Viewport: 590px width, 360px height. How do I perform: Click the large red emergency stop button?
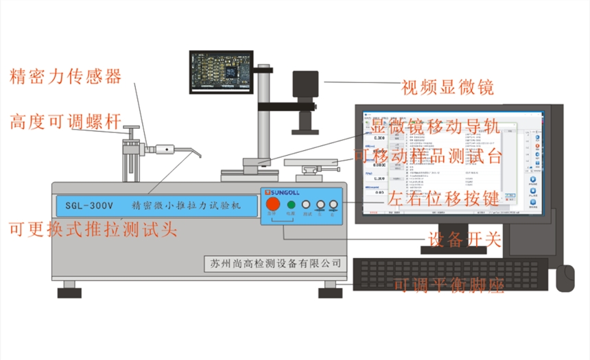click(x=274, y=204)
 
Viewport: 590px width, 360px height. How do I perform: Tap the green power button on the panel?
click(x=291, y=204)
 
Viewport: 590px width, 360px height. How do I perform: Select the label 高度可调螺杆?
click(x=66, y=122)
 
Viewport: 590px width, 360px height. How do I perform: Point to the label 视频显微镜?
click(x=448, y=87)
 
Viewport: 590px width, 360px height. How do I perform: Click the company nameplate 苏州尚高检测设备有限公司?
click(x=276, y=263)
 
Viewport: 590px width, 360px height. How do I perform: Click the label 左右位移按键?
click(x=443, y=200)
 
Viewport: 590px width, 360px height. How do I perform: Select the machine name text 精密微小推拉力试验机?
click(x=187, y=204)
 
